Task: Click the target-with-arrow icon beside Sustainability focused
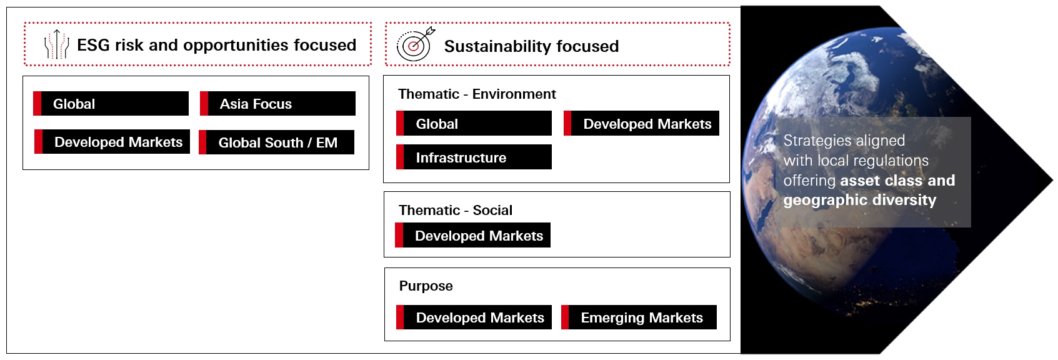click(x=416, y=44)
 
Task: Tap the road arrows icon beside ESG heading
click(x=56, y=44)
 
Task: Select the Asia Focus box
click(x=278, y=104)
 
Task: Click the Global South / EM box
click(x=277, y=142)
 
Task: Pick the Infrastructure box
click(x=474, y=157)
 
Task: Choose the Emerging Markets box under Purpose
click(x=639, y=317)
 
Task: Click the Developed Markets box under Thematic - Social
click(x=473, y=236)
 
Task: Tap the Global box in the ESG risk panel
click(x=111, y=104)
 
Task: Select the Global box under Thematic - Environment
click(x=474, y=124)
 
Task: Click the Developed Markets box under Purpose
click(x=474, y=317)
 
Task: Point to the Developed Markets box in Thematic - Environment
click(x=642, y=124)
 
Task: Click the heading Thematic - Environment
click(x=477, y=94)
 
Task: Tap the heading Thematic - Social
click(x=456, y=211)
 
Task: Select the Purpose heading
click(x=426, y=286)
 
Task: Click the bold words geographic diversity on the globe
click(x=860, y=200)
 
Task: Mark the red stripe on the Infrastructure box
click(x=400, y=157)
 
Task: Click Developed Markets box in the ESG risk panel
click(x=112, y=142)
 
